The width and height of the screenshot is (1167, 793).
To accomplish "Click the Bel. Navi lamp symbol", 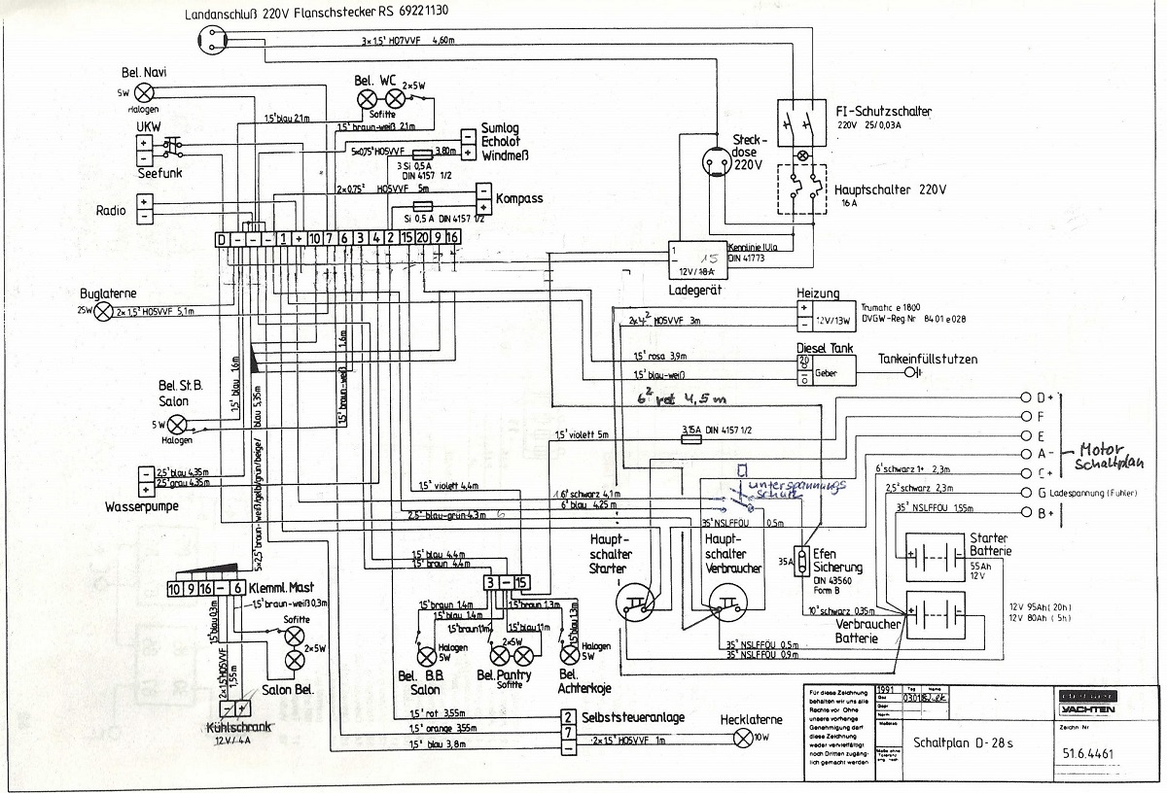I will click(x=144, y=92).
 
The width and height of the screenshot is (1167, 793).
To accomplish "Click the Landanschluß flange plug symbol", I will click(x=211, y=38).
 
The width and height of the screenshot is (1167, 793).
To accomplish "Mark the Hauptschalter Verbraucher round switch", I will click(x=727, y=606).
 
